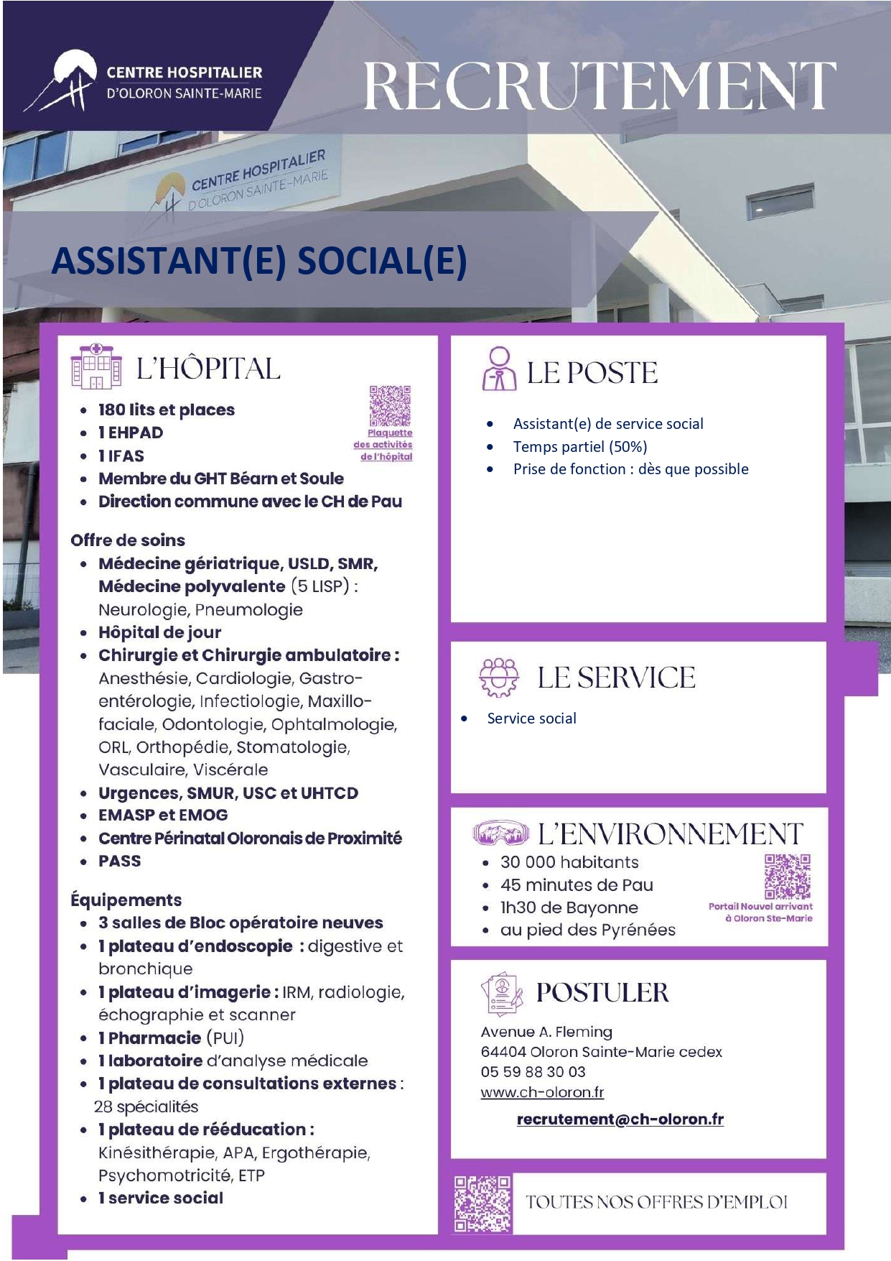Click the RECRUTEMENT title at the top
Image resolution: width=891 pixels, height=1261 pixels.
tap(600, 87)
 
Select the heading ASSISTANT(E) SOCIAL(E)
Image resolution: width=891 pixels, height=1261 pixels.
tap(259, 260)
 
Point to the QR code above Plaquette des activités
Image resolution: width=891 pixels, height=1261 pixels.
tap(390, 406)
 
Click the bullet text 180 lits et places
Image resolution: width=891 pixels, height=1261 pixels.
tap(167, 410)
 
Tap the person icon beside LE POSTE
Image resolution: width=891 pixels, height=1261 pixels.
tap(499, 369)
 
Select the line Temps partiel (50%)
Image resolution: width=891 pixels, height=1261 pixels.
tap(580, 447)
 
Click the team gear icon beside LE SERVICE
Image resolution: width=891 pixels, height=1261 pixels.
tap(499, 677)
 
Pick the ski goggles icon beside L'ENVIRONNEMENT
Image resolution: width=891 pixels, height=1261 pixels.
tap(500, 833)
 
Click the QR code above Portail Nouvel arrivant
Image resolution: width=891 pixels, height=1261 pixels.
tap(788, 877)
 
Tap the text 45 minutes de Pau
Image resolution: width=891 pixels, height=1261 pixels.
tap(577, 885)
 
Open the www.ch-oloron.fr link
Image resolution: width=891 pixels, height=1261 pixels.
tap(542, 1092)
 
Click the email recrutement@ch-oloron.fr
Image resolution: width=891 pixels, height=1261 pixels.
tap(620, 1119)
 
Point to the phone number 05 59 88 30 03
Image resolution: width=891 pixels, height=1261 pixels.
tap(533, 1072)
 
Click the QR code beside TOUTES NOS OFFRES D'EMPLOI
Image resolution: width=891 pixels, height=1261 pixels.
tap(482, 1204)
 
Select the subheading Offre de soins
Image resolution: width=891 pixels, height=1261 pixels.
tap(128, 540)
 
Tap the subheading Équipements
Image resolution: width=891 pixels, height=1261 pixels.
tap(126, 900)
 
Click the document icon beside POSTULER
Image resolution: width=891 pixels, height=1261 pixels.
tap(500, 994)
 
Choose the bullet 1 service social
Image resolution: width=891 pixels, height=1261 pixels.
tap(161, 1198)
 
